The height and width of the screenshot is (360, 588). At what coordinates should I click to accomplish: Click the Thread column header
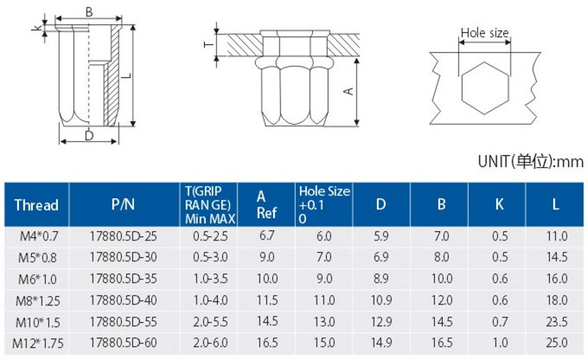pos(36,205)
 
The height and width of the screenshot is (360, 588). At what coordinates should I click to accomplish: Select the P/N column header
pos(123,204)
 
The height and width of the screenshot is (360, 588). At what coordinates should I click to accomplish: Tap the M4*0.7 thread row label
pos(39,236)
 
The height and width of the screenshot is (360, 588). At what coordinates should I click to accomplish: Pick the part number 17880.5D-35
pos(124,279)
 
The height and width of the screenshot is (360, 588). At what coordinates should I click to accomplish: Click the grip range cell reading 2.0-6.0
pos(210,343)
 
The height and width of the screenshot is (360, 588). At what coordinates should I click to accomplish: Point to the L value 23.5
pos(557,322)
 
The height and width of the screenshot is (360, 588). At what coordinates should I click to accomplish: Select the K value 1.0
pos(500,343)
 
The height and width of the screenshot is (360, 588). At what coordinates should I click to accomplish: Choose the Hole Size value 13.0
pos(324,322)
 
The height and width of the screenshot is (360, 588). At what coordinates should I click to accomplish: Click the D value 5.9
pos(381,236)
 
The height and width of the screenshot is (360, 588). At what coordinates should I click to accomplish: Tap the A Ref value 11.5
pos(267,300)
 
